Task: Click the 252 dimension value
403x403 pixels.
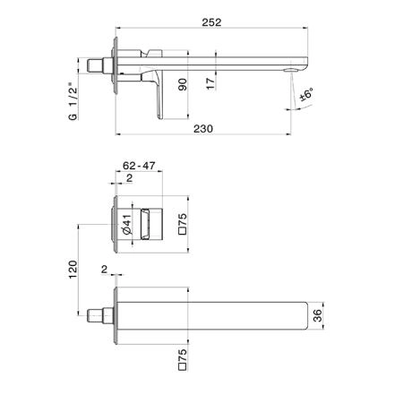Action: pyautogui.click(x=211, y=22)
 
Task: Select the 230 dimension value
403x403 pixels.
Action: pyautogui.click(x=203, y=129)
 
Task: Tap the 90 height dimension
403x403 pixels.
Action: pyautogui.click(x=183, y=84)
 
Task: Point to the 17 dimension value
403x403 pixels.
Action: pyautogui.click(x=210, y=84)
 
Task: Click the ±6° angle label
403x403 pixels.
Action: pyautogui.click(x=307, y=94)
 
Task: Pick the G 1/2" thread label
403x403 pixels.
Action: pyautogui.click(x=73, y=101)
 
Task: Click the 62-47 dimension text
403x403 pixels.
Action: pyautogui.click(x=139, y=166)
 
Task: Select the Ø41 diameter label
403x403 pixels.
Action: pyautogui.click(x=127, y=225)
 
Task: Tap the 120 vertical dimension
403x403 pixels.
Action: pyautogui.click(x=73, y=270)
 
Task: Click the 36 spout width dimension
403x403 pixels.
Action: pyautogui.click(x=318, y=316)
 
